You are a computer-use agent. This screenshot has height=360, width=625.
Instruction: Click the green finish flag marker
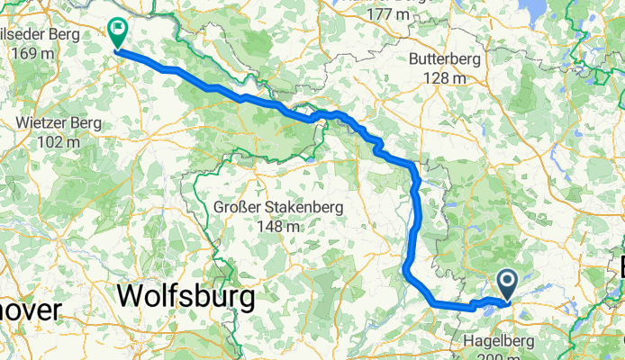(118, 32)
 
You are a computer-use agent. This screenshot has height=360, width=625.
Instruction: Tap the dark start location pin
(508, 284)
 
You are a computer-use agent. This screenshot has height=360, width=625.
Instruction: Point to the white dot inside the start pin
(508, 283)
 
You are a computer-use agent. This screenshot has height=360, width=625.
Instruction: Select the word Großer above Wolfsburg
(239, 208)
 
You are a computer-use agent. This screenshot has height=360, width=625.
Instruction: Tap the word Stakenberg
(303, 208)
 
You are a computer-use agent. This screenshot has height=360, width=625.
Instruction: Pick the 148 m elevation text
(277, 226)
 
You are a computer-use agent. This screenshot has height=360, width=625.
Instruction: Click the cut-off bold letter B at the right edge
(620, 267)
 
